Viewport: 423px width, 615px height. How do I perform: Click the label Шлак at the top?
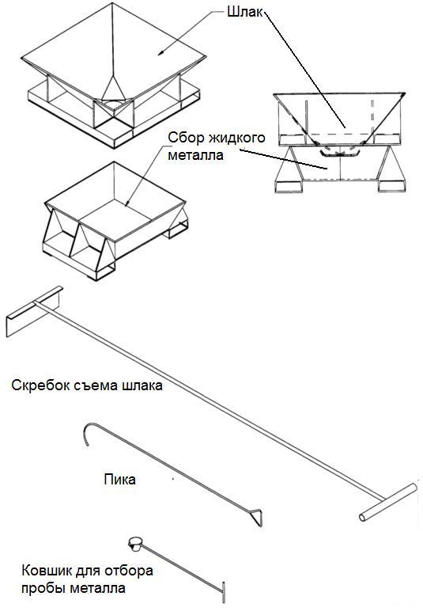[x=245, y=12]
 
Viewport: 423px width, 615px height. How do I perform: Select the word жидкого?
[x=237, y=138]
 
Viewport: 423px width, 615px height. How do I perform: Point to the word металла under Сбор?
[x=196, y=155]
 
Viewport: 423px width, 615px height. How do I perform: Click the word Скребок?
[x=40, y=385]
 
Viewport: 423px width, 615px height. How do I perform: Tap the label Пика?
[x=120, y=480]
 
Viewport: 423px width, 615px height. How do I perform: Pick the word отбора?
[x=127, y=571]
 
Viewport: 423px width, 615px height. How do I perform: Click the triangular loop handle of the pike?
[x=255, y=517]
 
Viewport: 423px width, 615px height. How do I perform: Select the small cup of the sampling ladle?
[x=135, y=544]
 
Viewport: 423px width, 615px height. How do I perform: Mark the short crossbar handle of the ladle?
[x=224, y=592]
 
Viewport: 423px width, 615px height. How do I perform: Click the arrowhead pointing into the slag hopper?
[x=161, y=52]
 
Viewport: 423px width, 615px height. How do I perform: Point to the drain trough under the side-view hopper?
[x=339, y=154]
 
